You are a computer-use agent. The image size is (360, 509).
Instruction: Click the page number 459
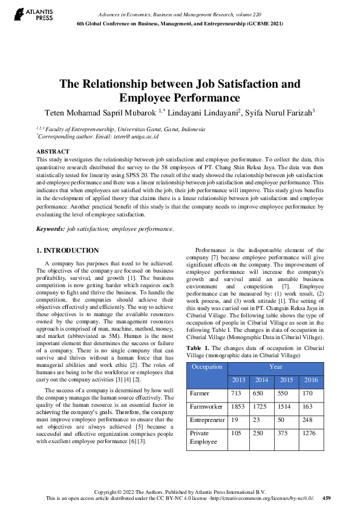(x=326, y=498)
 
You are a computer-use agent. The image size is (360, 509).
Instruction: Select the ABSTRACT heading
(x=53, y=151)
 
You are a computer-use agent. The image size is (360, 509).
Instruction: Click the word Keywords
(x=50, y=229)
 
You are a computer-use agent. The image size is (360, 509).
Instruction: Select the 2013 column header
(x=239, y=380)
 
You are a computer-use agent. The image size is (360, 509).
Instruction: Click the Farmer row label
(x=200, y=394)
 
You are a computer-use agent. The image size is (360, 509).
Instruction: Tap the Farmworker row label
(x=207, y=407)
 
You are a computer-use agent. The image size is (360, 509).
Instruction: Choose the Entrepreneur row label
(x=208, y=420)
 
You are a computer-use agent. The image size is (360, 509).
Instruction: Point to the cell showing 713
(x=237, y=394)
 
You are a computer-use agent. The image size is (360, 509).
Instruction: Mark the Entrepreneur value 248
(x=307, y=420)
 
